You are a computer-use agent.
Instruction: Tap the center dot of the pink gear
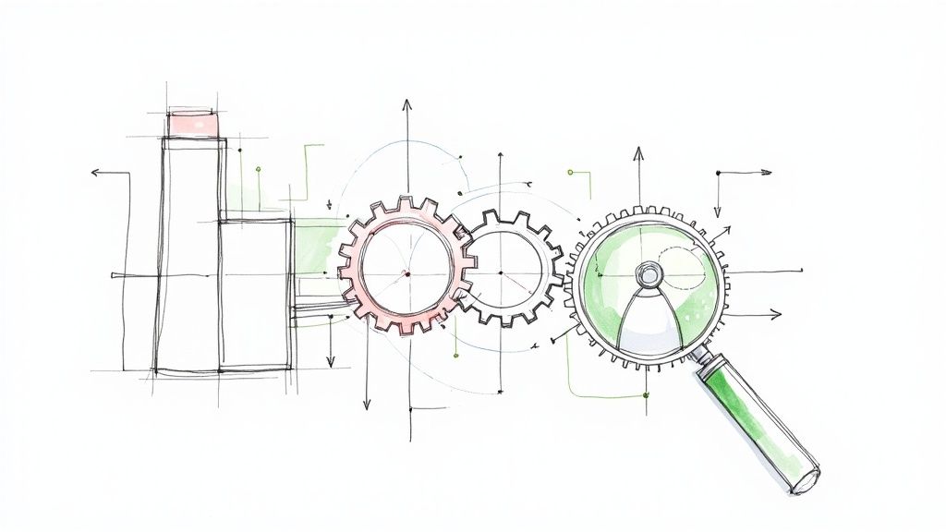(406, 273)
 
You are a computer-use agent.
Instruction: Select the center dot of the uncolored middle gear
(501, 273)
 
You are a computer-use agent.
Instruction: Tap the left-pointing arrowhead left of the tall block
(94, 173)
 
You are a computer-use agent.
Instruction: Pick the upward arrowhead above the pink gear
(405, 103)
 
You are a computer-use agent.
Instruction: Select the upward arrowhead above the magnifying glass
(637, 151)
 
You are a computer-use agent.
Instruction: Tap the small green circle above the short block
(258, 170)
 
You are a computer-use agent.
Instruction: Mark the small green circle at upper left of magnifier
(572, 172)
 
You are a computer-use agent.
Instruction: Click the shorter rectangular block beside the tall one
(256, 294)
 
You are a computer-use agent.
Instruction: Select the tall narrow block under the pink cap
(191, 254)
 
